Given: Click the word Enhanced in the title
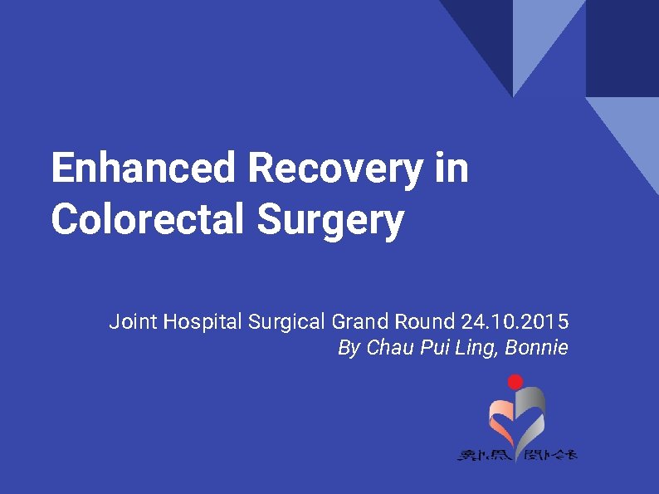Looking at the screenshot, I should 144,169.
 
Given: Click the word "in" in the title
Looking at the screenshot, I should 452,169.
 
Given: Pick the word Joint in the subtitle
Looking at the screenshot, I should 134,321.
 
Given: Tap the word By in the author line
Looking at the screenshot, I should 349,348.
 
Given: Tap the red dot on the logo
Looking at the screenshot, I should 515,382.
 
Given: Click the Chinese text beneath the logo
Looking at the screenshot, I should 517,454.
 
